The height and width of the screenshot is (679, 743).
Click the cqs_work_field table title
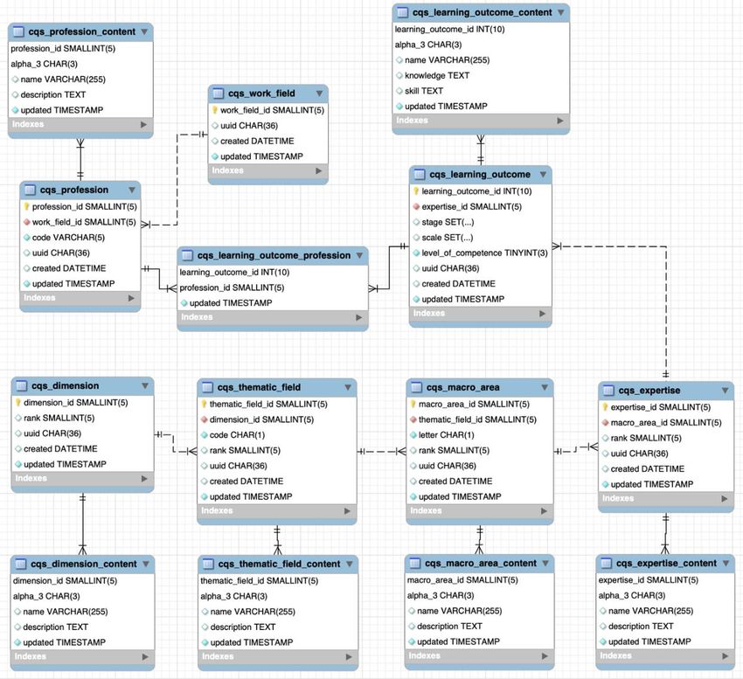tap(261, 94)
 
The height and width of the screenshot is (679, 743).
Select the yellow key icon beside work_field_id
tap(215, 110)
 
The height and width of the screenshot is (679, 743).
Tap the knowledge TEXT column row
tap(437, 75)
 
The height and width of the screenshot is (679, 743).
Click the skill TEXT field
tap(424, 91)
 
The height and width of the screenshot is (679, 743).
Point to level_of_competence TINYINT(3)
tap(485, 253)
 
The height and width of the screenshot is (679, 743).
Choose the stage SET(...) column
tap(448, 222)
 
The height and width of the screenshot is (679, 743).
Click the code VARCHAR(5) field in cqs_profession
tap(68, 238)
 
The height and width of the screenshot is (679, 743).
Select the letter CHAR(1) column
tap(447, 435)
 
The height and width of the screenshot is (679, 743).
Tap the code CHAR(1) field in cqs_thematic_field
tap(238, 435)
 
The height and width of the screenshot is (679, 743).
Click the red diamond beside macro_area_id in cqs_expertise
tap(605, 423)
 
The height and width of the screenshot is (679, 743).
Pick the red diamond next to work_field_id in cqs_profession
tap(26, 222)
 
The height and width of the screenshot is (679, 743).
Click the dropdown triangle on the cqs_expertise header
tap(725, 391)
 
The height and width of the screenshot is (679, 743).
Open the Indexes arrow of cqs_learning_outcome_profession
tap(359, 317)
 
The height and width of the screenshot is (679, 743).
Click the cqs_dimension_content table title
tap(84, 564)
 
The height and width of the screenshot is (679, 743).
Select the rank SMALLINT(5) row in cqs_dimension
tap(59, 418)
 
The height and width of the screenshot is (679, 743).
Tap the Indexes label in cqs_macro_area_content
tap(425, 655)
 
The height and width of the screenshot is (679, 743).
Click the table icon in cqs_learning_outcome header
tap(420, 175)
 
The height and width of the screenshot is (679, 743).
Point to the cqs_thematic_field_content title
tap(279, 564)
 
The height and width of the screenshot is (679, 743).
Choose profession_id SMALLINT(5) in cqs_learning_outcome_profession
tap(232, 288)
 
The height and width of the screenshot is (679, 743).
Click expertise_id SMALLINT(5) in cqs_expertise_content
tap(649, 580)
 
